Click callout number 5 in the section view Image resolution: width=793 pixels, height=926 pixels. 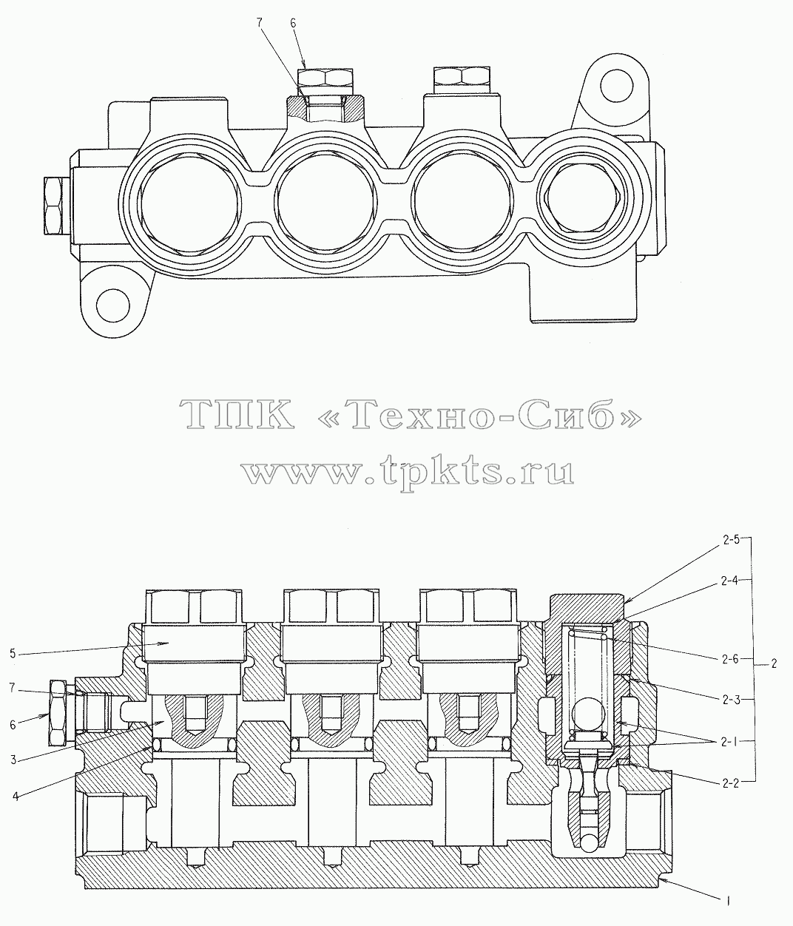13,654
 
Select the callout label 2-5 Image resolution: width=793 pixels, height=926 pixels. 730,540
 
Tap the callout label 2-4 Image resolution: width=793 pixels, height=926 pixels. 730,581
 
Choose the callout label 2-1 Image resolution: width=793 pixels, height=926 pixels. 729,743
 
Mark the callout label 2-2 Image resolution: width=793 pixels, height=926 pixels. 730,784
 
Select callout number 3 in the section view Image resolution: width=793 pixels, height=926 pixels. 13,760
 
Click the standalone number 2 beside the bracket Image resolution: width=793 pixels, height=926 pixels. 774,663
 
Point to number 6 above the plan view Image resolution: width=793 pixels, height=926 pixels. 293,23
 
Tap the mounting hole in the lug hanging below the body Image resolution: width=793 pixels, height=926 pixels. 113,306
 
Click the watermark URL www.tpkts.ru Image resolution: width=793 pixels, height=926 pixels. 408,471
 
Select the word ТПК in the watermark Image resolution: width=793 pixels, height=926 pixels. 237,413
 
